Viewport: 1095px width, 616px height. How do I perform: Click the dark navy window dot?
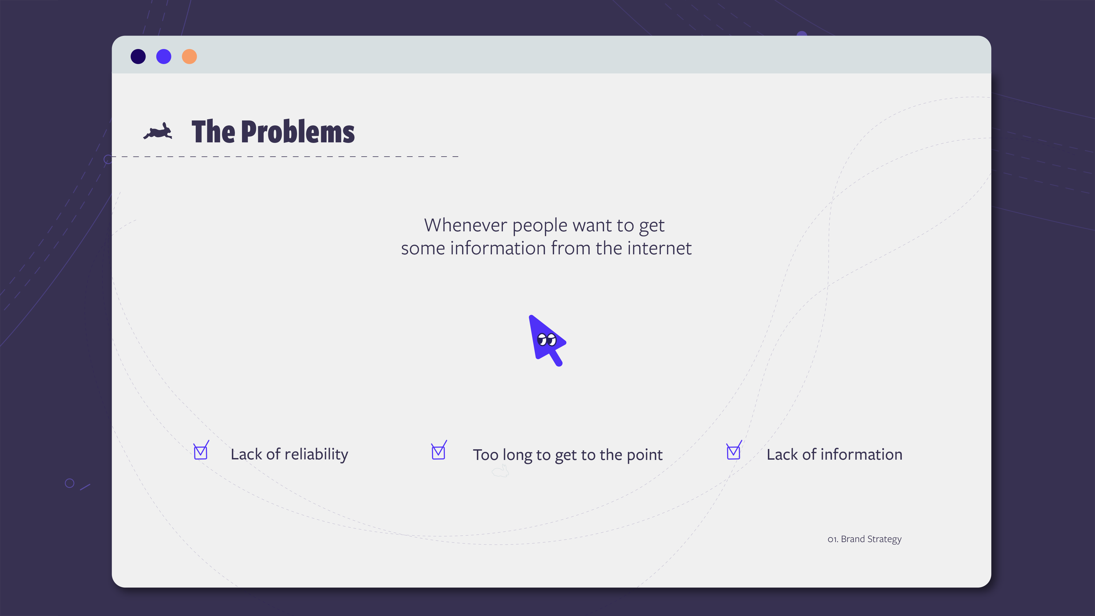point(138,57)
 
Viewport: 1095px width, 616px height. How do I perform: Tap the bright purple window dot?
point(164,57)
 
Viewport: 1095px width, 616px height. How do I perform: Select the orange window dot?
point(189,57)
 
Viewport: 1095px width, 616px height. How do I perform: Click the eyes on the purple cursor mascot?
point(547,340)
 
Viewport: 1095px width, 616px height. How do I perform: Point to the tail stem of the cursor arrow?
point(556,358)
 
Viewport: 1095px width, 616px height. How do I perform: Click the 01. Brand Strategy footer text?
point(865,539)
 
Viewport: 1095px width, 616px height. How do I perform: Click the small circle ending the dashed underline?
point(108,159)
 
